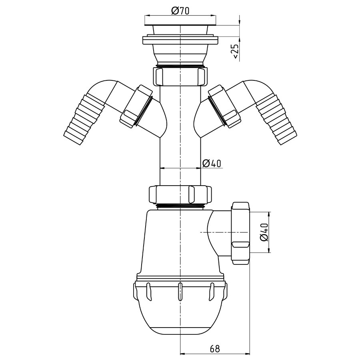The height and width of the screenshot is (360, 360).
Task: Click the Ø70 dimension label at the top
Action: click(x=180, y=10)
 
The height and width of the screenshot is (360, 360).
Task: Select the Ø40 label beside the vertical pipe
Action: click(x=212, y=163)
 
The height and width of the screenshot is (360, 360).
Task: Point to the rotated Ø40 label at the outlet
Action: click(x=264, y=232)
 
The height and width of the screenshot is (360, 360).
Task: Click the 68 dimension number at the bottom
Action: click(x=215, y=349)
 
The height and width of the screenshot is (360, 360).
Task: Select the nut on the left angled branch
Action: click(x=136, y=106)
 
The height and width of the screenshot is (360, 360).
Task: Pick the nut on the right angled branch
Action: click(x=224, y=106)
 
